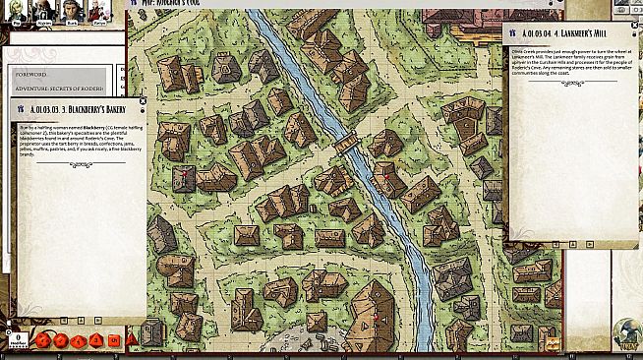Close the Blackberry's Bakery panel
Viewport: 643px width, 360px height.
(143, 100)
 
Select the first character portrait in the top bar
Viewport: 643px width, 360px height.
(18, 10)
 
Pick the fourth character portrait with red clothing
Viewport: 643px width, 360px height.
(98, 10)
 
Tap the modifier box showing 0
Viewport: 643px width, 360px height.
(16, 340)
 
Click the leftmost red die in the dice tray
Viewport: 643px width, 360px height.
(44, 340)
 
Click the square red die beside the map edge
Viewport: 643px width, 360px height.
(114, 340)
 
